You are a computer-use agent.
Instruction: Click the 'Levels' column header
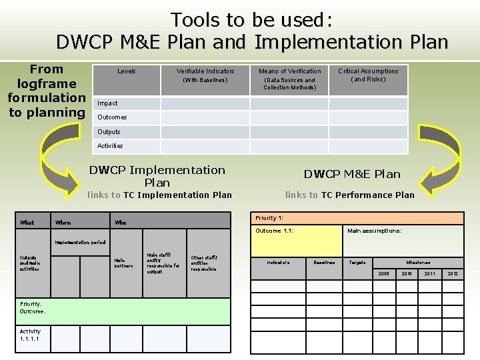pyautogui.click(x=126, y=71)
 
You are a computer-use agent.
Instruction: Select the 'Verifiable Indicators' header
pyautogui.click(x=205, y=71)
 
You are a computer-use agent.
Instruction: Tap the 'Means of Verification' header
pyautogui.click(x=289, y=71)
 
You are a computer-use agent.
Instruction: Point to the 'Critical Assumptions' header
pyautogui.click(x=368, y=71)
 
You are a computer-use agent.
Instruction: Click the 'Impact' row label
pyautogui.click(x=107, y=103)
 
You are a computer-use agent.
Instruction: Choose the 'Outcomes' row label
pyautogui.click(x=112, y=117)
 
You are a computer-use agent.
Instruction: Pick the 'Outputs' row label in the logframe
pyautogui.click(x=109, y=132)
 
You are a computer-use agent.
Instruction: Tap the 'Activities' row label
pyautogui.click(x=110, y=146)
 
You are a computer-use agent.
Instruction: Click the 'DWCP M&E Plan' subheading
pyautogui.click(x=352, y=175)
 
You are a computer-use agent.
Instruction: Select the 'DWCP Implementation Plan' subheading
pyautogui.click(x=157, y=176)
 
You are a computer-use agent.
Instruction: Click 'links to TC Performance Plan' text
pyautogui.click(x=349, y=195)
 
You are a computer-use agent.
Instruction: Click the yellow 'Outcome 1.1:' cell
pyautogui.click(x=295, y=240)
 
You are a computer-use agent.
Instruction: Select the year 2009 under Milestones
pyautogui.click(x=384, y=274)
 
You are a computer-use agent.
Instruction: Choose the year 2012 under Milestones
pyautogui.click(x=453, y=274)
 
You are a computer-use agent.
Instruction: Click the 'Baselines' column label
pyautogui.click(x=325, y=263)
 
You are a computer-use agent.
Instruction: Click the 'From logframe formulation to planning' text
pyautogui.click(x=47, y=91)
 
